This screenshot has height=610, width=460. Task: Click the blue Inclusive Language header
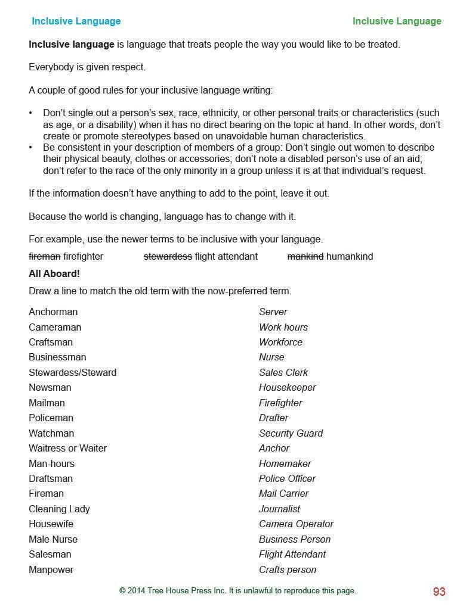[76, 21]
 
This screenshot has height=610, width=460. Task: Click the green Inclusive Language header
[397, 21]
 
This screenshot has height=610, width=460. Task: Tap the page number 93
[439, 592]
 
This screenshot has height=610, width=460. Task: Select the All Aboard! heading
[54, 274]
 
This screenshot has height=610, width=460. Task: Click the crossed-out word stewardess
[168, 257]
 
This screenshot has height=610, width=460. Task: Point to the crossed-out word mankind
[305, 257]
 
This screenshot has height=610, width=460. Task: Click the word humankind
[350, 257]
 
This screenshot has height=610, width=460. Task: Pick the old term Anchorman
[53, 312]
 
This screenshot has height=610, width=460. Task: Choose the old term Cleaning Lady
[59, 509]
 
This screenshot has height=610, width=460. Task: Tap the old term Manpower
[51, 570]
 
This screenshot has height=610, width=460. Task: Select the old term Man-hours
[51, 464]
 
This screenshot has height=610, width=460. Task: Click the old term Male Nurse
[53, 540]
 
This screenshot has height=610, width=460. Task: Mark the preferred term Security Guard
[291, 434]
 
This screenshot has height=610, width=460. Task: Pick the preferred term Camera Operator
[296, 524]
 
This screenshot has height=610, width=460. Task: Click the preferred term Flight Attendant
[292, 555]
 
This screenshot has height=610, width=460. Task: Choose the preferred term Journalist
[279, 509]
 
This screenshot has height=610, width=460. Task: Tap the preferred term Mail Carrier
[283, 494]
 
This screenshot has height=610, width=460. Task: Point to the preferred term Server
[273, 312]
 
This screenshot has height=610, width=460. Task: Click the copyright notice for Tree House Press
[237, 591]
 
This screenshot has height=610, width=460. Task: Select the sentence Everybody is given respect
[87, 67]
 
